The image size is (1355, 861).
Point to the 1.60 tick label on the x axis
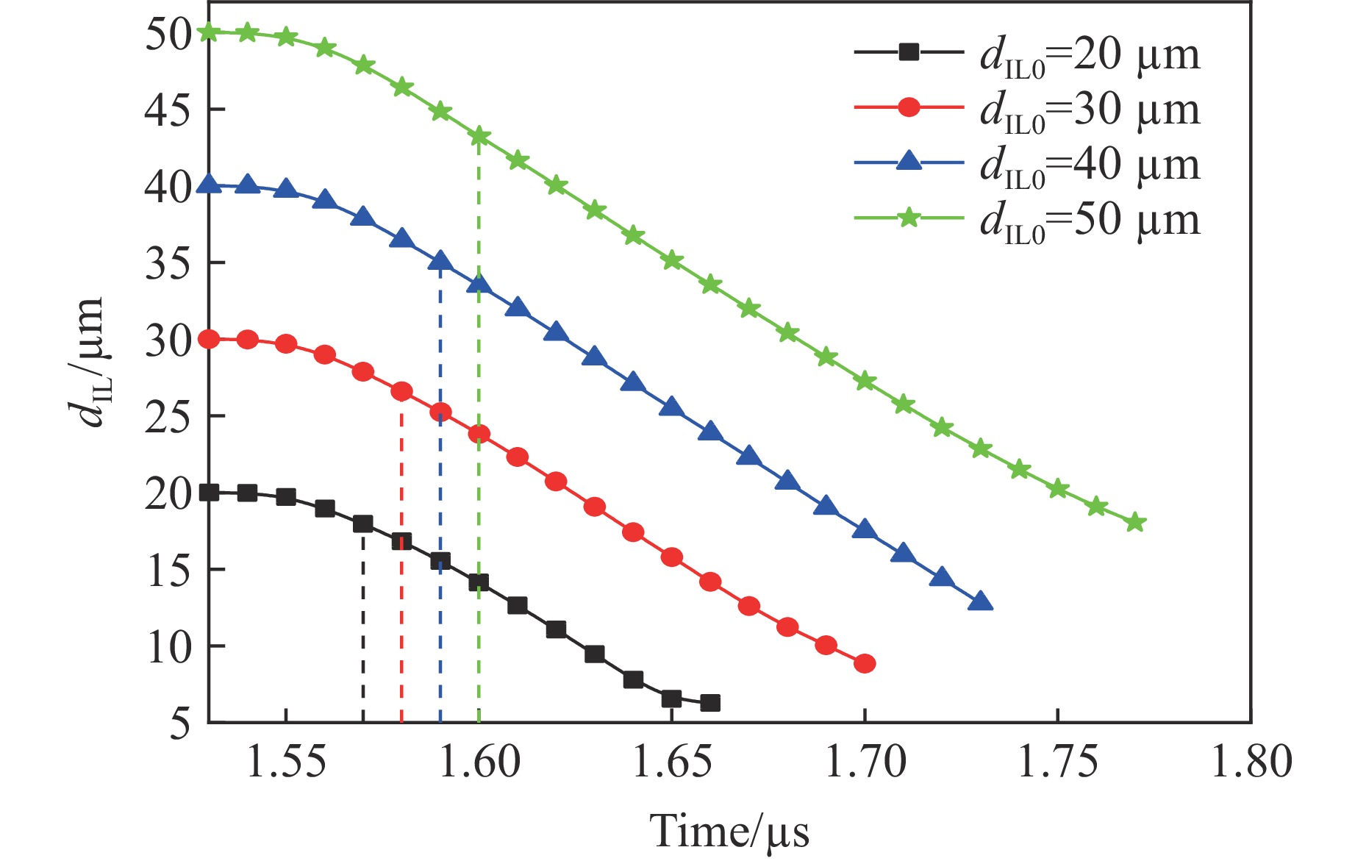(x=479, y=762)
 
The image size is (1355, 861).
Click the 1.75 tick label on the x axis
(x=1057, y=762)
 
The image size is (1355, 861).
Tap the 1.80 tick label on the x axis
(x=1251, y=762)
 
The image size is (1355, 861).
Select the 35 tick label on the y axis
(x=168, y=263)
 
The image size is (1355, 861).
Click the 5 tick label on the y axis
(x=179, y=724)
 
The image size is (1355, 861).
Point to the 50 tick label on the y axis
(x=168, y=34)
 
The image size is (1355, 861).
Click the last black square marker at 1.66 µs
(x=710, y=703)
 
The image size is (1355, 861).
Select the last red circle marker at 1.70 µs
(x=865, y=664)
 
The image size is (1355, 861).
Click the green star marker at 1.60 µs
(x=479, y=137)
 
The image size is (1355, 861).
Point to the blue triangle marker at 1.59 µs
(x=440, y=261)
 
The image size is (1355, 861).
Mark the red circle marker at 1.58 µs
(x=401, y=391)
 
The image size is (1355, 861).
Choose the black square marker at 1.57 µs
(x=363, y=524)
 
